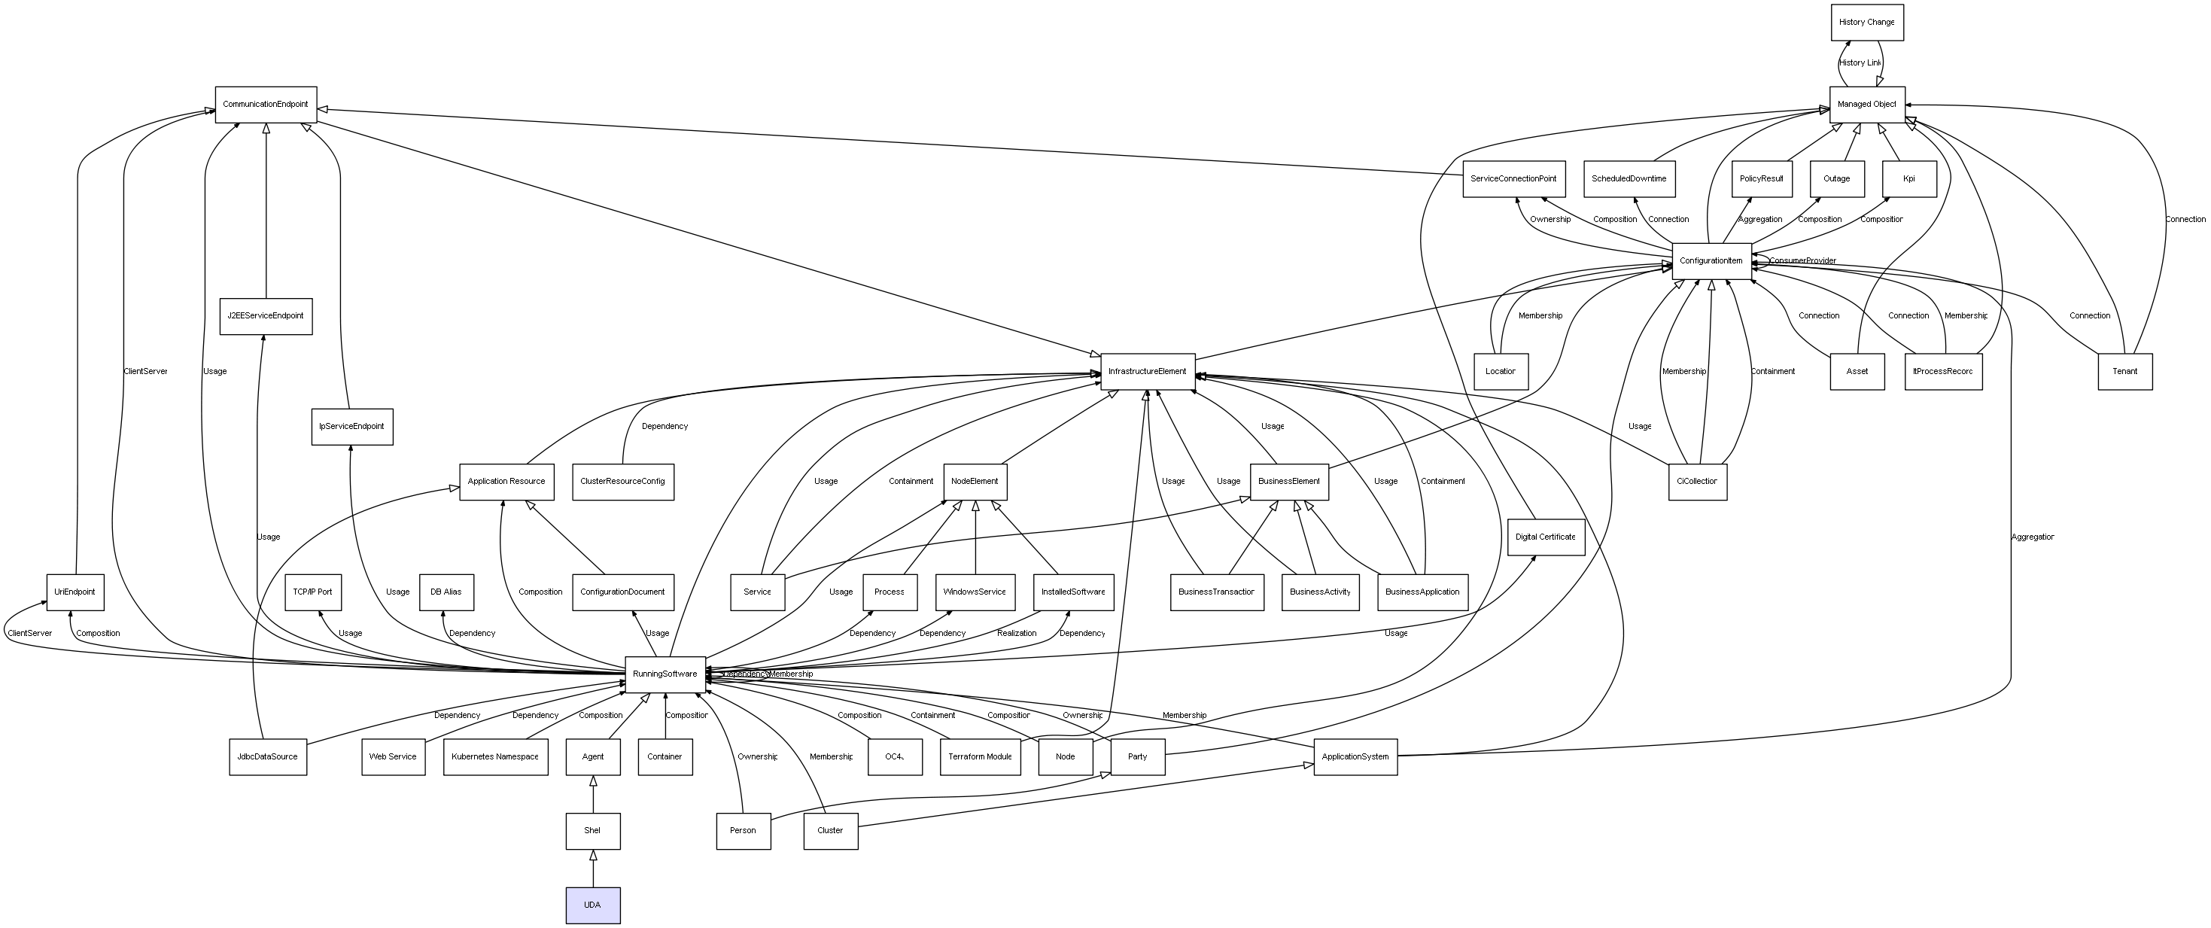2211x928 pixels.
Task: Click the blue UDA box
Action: coord(592,905)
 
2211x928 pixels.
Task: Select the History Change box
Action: coord(1866,23)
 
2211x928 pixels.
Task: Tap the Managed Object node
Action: coord(1866,105)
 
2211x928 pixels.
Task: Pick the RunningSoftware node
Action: coord(665,674)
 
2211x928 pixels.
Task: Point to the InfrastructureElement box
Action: coord(1147,372)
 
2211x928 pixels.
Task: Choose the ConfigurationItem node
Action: coord(1711,261)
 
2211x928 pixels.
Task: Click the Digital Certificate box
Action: coord(1545,537)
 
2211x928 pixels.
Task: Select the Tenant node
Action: coord(2124,372)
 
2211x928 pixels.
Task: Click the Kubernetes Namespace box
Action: coord(495,757)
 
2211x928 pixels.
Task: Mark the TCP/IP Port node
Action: coord(312,592)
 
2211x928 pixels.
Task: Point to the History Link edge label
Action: coord(1859,62)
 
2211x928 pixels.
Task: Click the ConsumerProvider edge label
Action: coord(1802,261)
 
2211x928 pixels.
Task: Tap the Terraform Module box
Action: coord(979,757)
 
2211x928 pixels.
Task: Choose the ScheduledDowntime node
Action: coord(1629,178)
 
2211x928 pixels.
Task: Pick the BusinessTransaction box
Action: coord(1216,592)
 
